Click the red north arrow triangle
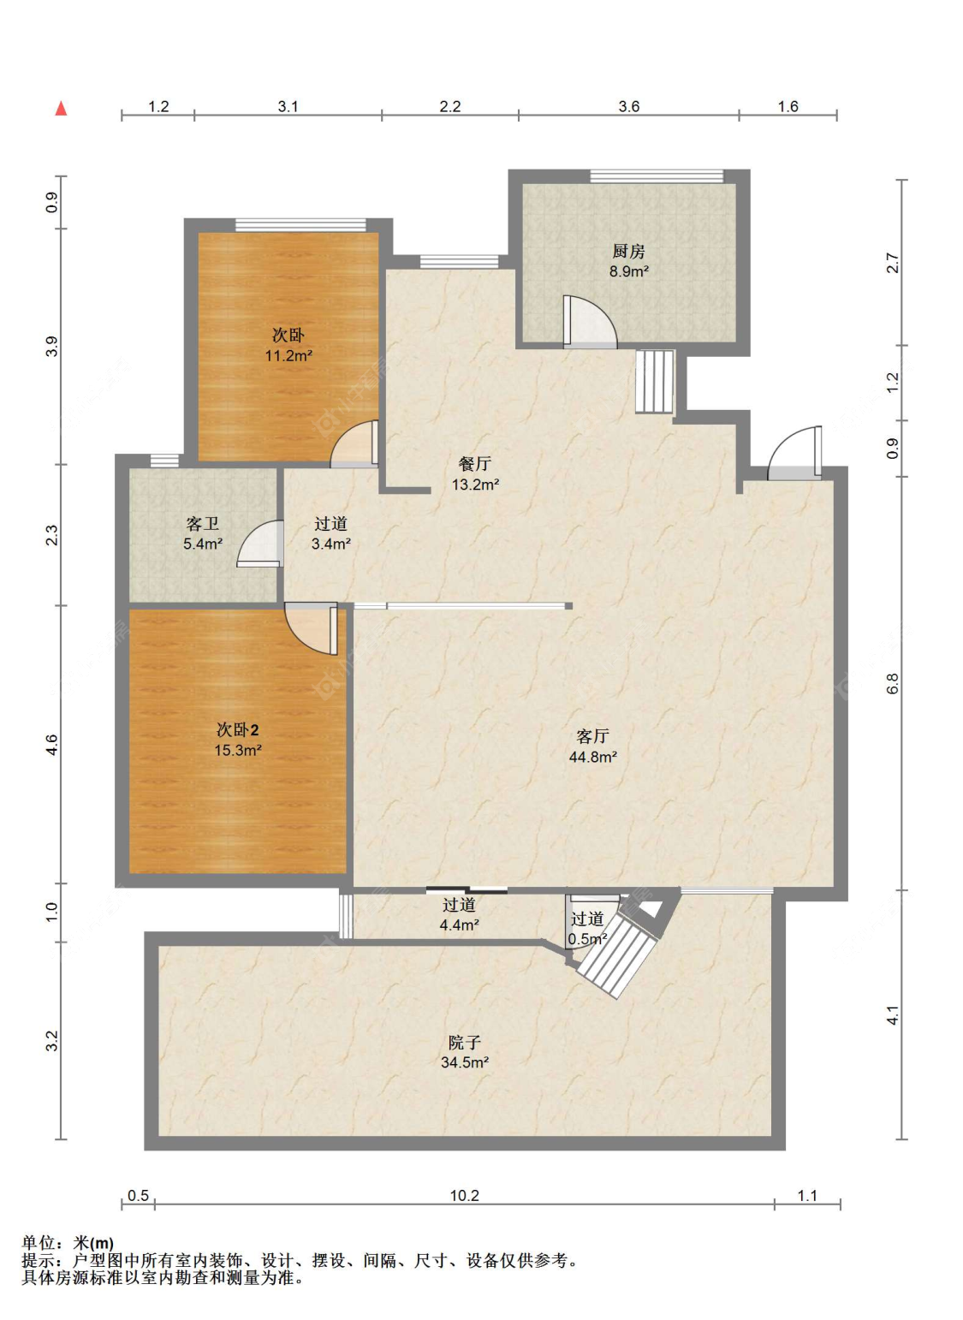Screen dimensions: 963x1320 [x=62, y=109]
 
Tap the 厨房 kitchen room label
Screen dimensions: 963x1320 [x=628, y=252]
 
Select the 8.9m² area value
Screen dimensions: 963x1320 [x=629, y=271]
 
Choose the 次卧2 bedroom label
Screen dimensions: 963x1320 [x=237, y=730]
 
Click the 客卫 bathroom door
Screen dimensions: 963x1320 [x=259, y=544]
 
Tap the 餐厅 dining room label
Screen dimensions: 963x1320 [x=474, y=464]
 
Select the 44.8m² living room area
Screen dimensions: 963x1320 [x=593, y=757]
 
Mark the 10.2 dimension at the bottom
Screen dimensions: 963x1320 [x=465, y=1195]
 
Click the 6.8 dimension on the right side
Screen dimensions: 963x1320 [x=893, y=683]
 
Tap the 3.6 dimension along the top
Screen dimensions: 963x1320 [x=629, y=106]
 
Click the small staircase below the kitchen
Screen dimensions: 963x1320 [x=654, y=382]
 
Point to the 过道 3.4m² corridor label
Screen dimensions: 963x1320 [x=330, y=533]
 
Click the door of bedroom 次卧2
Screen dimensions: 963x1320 [x=312, y=628]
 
